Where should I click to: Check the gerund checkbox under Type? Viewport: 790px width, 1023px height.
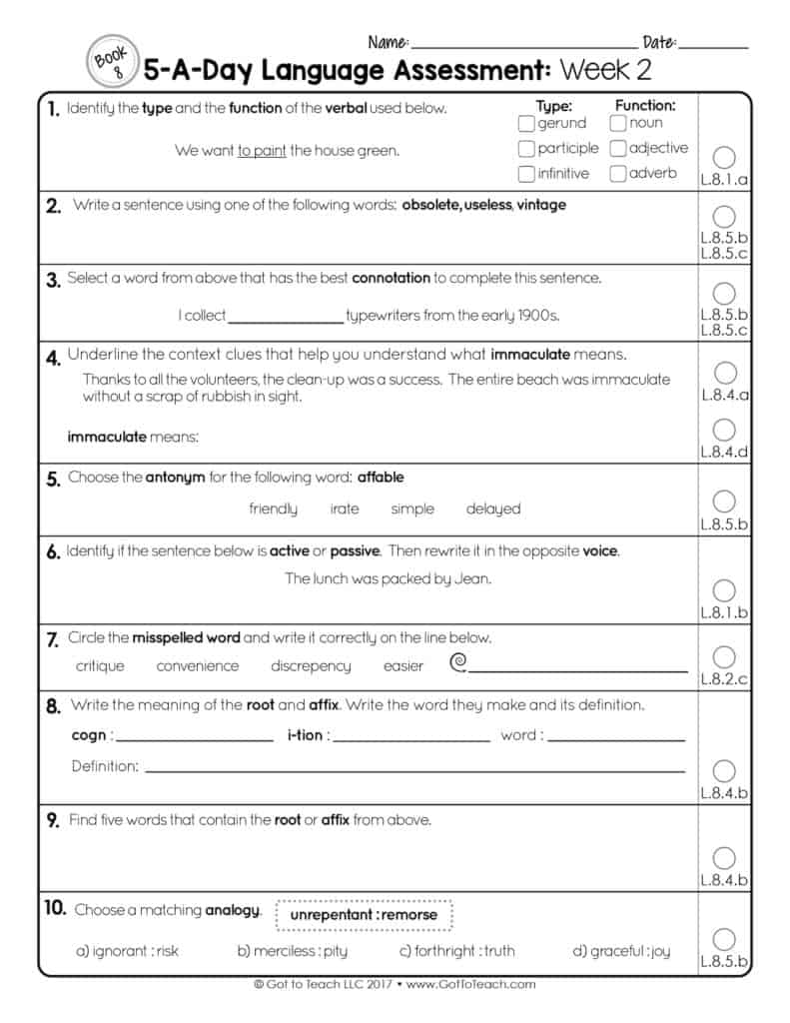526,124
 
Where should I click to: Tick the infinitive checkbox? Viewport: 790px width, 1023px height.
526,174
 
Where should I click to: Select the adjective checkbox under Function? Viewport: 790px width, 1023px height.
618,149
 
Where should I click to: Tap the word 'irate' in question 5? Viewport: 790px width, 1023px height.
344,509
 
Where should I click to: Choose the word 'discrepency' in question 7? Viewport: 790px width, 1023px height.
311,665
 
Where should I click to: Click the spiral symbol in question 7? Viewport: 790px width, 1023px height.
458,662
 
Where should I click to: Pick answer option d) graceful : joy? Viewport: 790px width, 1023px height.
620,951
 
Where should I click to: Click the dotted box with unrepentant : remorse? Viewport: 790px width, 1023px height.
364,914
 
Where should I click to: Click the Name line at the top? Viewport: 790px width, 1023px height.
523,46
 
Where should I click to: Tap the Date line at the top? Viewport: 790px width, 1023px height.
712,46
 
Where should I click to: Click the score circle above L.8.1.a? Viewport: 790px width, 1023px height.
725,157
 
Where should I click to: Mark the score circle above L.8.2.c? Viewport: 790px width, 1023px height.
725,656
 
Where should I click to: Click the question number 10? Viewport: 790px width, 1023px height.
55,908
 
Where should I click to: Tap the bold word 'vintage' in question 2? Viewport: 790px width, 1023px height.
541,205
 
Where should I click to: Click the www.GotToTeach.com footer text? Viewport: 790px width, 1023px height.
471,984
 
